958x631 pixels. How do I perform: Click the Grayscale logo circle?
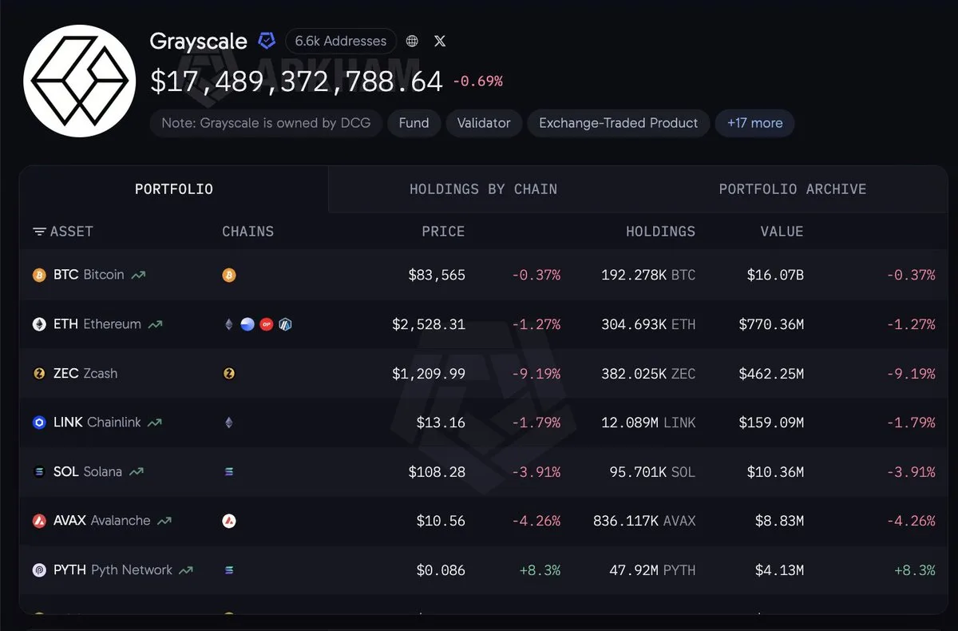(80, 81)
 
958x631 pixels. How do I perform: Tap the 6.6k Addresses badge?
(340, 41)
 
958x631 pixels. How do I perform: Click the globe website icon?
(412, 41)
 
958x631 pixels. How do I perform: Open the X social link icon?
(440, 41)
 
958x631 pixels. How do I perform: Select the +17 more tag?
(755, 123)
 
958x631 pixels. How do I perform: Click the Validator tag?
(484, 123)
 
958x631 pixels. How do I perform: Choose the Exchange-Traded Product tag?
(619, 123)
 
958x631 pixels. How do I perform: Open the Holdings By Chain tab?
(483, 189)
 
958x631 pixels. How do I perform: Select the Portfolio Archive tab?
(793, 189)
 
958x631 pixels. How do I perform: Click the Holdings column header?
(661, 232)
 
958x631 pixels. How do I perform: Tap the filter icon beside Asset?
(39, 232)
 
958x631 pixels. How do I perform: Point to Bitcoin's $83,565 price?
(437, 275)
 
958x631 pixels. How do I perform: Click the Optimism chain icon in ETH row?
(267, 324)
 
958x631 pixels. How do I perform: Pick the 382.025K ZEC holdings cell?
(648, 374)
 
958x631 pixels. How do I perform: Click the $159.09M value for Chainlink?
(771, 423)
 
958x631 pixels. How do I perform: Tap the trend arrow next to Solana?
(137, 471)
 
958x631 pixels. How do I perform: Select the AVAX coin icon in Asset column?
(39, 521)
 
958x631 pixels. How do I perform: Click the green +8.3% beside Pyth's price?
(540, 570)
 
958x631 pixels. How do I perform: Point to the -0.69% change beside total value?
(477, 81)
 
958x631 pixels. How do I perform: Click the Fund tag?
(414, 123)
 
